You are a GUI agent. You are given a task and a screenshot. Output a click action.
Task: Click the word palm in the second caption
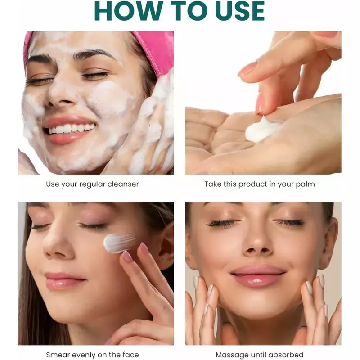click(x=305, y=184)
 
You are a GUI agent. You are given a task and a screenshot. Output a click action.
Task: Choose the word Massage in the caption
click(x=231, y=355)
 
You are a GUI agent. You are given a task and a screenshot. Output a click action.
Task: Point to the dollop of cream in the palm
click(x=262, y=130)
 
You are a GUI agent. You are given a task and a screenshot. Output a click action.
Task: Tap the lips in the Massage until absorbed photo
click(x=258, y=275)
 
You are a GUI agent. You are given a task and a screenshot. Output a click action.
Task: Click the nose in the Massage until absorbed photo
click(x=257, y=241)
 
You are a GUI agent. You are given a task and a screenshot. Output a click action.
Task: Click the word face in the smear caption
click(x=130, y=355)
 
